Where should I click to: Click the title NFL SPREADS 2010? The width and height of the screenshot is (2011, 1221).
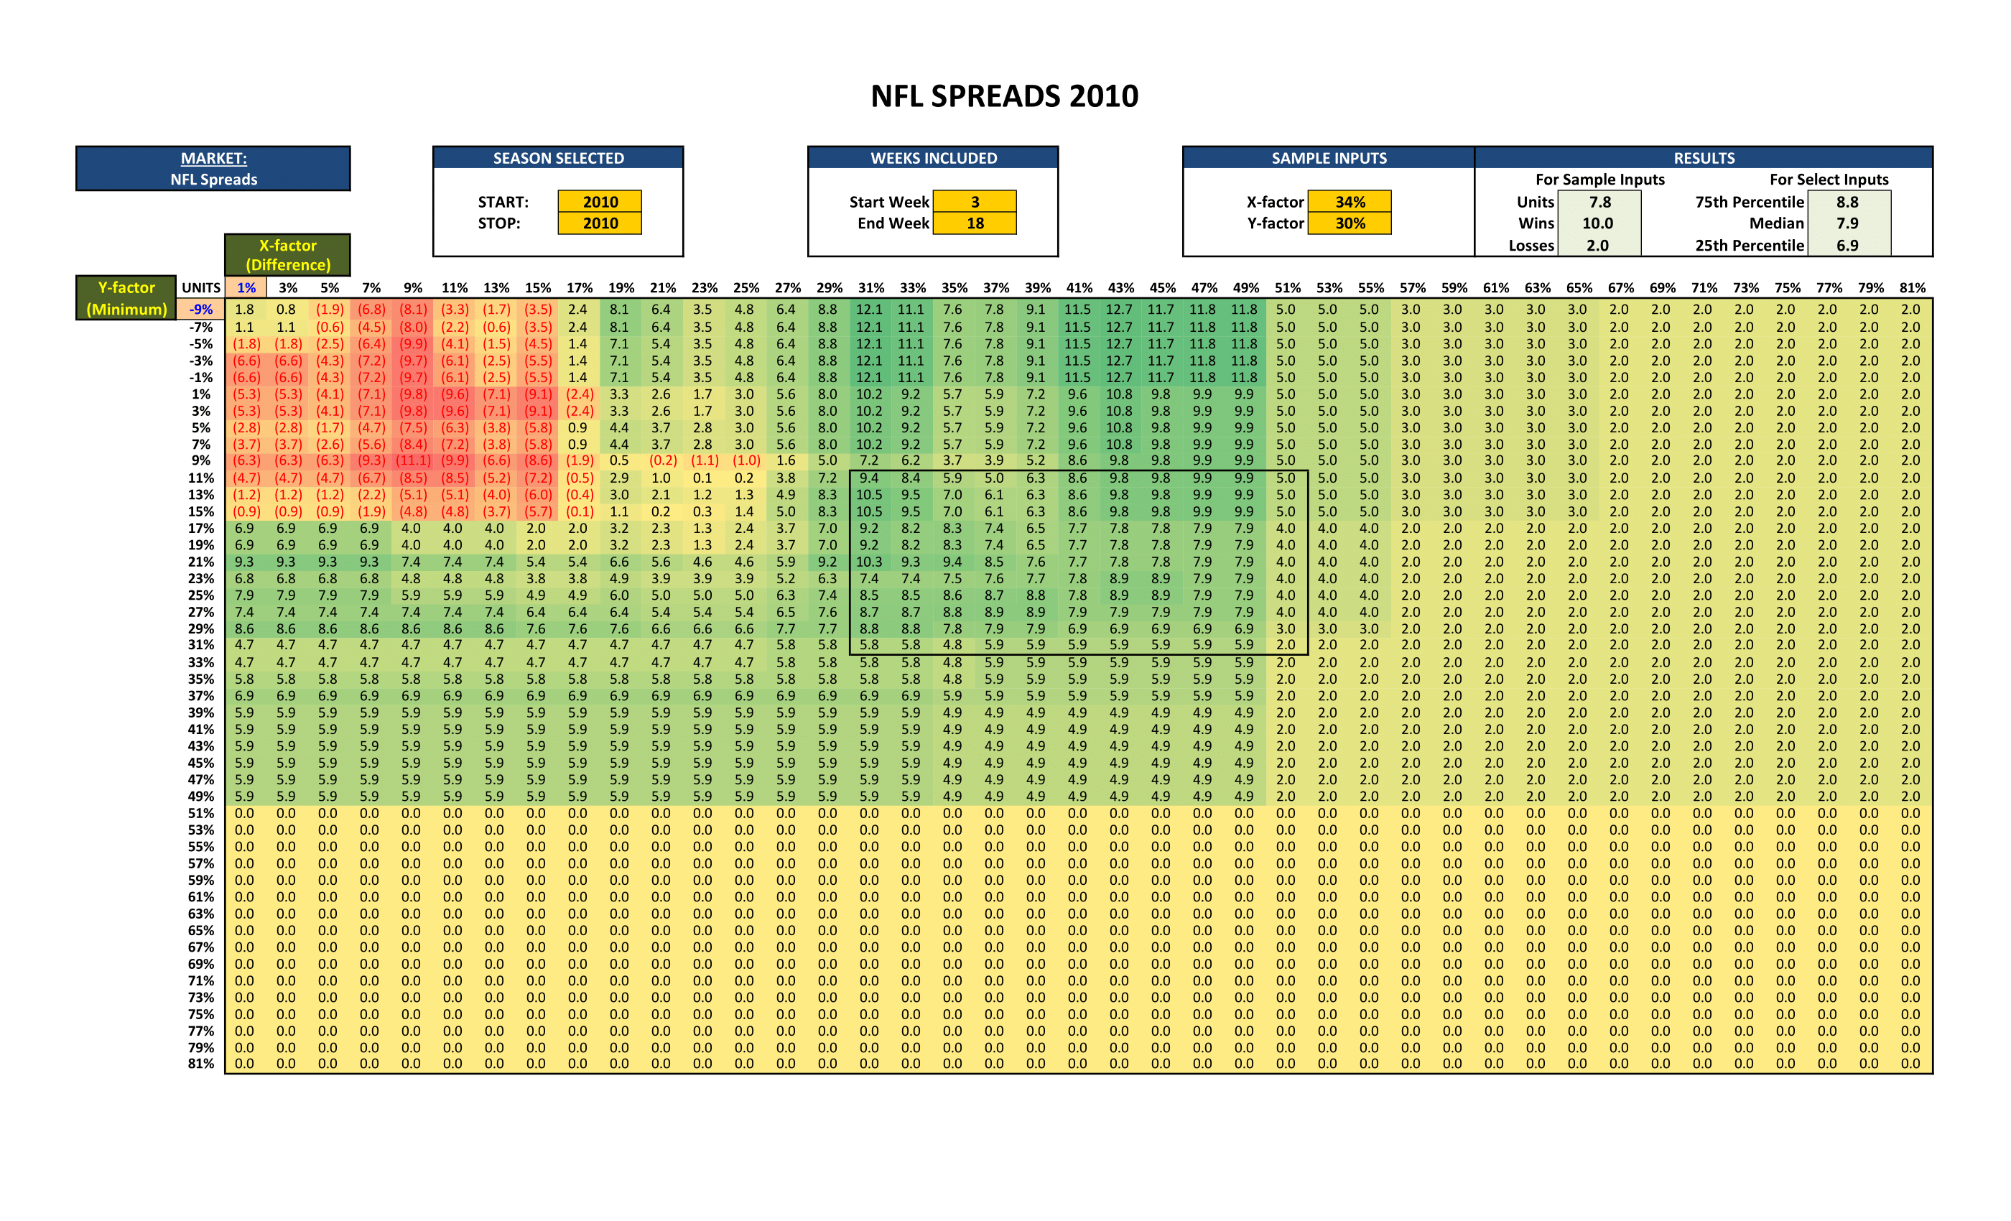click(1004, 96)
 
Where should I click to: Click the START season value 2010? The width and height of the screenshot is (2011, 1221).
click(600, 202)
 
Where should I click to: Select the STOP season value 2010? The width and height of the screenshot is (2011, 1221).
click(600, 223)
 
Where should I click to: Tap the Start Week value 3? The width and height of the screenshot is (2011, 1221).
click(975, 202)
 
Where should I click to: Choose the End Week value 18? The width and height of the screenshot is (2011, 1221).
click(975, 223)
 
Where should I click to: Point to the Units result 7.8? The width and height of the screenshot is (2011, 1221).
click(1599, 202)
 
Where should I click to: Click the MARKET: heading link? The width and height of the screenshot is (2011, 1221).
click(213, 158)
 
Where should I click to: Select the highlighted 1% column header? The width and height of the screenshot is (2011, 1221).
click(246, 288)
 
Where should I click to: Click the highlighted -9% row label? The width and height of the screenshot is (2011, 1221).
click(201, 310)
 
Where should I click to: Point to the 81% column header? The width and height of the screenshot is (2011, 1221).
click(1911, 288)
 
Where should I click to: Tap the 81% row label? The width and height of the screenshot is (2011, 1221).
click(201, 1064)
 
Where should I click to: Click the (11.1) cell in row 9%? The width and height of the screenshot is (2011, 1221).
click(412, 461)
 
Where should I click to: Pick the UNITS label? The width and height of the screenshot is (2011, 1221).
click(201, 288)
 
